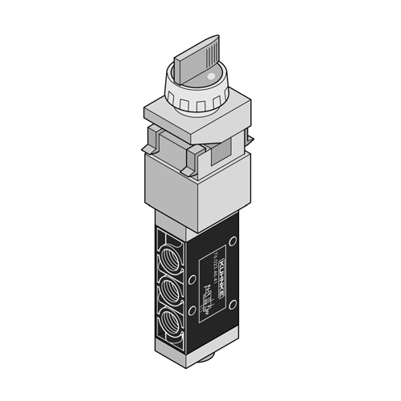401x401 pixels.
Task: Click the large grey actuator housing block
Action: [x=192, y=188]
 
